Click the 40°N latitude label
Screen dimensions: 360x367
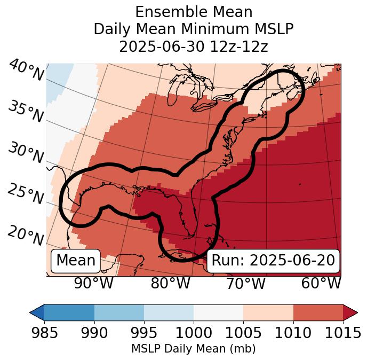click(x=26, y=71)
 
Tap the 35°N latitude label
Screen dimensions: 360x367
click(x=26, y=111)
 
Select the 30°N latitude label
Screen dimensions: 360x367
click(x=26, y=153)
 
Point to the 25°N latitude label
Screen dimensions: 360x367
click(x=26, y=194)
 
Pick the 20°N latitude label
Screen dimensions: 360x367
click(x=26, y=236)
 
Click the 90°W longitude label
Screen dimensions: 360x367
click(x=93, y=283)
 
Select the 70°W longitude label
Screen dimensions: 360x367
click(x=245, y=283)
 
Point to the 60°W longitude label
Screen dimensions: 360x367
click(x=321, y=283)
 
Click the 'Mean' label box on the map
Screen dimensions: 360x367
click(x=76, y=261)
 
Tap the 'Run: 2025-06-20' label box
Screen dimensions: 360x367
click(x=273, y=261)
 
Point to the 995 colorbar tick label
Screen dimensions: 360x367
click(x=143, y=333)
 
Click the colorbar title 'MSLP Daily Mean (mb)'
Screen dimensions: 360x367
click(x=193, y=349)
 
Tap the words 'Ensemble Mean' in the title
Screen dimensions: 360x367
click(x=193, y=12)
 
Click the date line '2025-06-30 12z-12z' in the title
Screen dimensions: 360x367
click(x=193, y=46)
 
